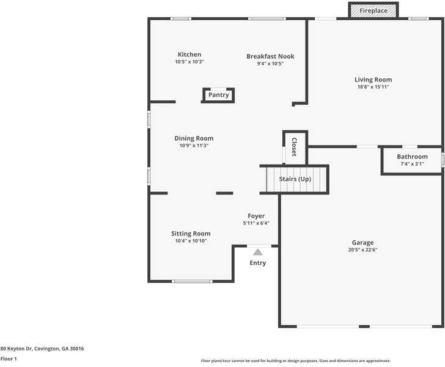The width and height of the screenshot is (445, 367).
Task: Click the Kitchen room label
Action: click(189, 54)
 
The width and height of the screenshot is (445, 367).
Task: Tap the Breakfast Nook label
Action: click(270, 56)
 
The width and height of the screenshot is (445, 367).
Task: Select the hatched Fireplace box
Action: click(373, 10)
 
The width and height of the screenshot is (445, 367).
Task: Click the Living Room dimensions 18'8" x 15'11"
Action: click(373, 87)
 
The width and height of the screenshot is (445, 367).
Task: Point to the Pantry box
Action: click(218, 95)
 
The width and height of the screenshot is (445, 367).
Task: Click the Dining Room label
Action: click(194, 138)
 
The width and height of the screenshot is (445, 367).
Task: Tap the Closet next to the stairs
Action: click(294, 147)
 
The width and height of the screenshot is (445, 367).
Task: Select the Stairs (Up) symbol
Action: click(295, 179)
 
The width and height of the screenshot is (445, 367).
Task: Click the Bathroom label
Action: click(412, 157)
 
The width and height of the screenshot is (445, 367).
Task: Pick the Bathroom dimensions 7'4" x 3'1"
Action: click(412, 164)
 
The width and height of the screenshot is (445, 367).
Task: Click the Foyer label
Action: click(256, 216)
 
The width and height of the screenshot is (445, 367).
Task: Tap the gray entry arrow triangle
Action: click(258, 252)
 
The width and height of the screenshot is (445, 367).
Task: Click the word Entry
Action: click(258, 263)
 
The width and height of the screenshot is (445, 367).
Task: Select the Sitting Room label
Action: click(191, 234)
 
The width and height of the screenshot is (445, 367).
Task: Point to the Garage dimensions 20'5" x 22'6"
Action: click(362, 250)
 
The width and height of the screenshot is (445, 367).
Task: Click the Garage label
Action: click(362, 243)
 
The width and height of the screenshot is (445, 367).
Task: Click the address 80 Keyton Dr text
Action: click(42, 349)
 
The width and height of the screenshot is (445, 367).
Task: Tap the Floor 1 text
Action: click(9, 359)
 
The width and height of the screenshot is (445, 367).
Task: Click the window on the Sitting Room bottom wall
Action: click(192, 281)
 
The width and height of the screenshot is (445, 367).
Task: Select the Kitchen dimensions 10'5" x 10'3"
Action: click(189, 62)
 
